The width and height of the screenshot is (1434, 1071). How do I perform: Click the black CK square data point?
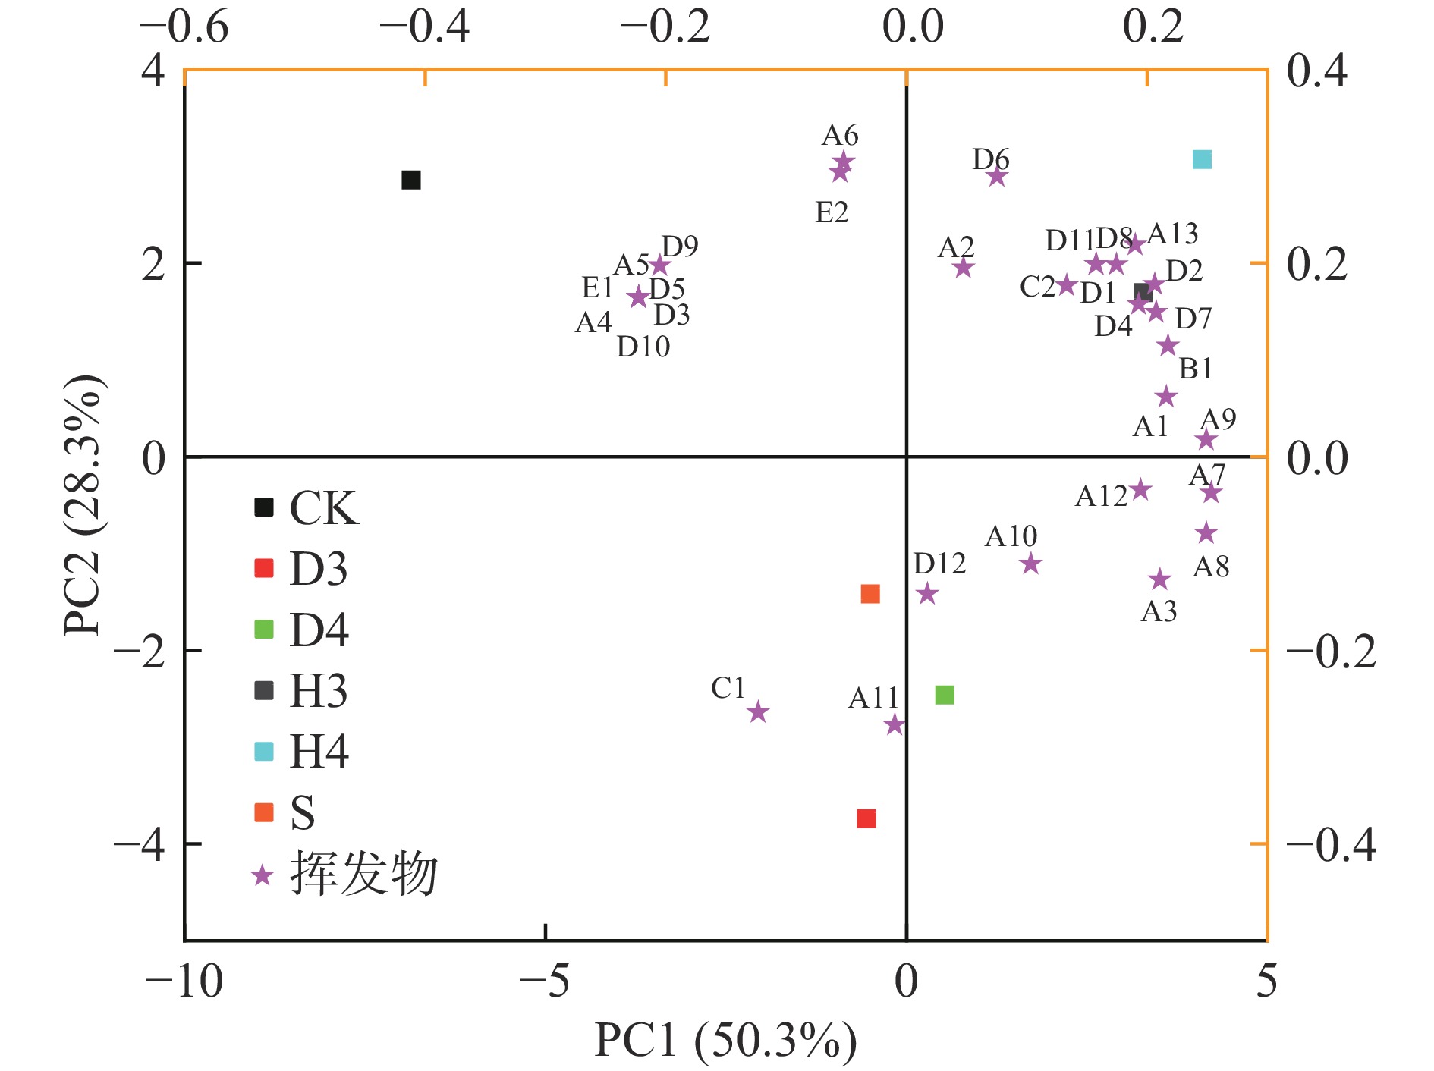tap(410, 180)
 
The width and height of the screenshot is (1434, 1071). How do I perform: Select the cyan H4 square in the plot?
tap(1202, 159)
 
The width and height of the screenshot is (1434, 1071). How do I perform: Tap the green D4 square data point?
tap(945, 695)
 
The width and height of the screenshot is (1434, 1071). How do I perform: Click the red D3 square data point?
tap(866, 818)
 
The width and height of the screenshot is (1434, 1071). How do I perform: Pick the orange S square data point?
tap(870, 593)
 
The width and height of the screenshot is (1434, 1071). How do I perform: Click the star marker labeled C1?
tap(758, 712)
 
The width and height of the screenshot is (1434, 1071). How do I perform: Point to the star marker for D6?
tap(997, 177)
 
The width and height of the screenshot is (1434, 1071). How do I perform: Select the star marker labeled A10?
tap(1030, 564)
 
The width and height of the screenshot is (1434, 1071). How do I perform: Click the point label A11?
tap(873, 698)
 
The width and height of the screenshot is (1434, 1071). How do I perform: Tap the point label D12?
tap(939, 564)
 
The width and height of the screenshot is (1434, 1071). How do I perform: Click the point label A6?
tap(840, 136)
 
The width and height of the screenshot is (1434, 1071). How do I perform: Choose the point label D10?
tap(643, 347)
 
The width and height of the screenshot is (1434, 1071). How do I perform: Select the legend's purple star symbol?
tap(263, 875)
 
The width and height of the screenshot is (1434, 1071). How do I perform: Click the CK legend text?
tap(323, 507)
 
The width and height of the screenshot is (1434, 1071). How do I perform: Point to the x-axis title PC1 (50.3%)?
tap(725, 1040)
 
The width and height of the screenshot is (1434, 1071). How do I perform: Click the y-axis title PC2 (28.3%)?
tap(83, 504)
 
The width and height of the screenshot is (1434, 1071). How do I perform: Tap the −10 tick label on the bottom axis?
tap(184, 981)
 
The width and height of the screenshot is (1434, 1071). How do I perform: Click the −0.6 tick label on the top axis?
tap(184, 28)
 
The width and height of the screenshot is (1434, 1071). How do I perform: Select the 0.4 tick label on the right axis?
tap(1316, 71)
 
